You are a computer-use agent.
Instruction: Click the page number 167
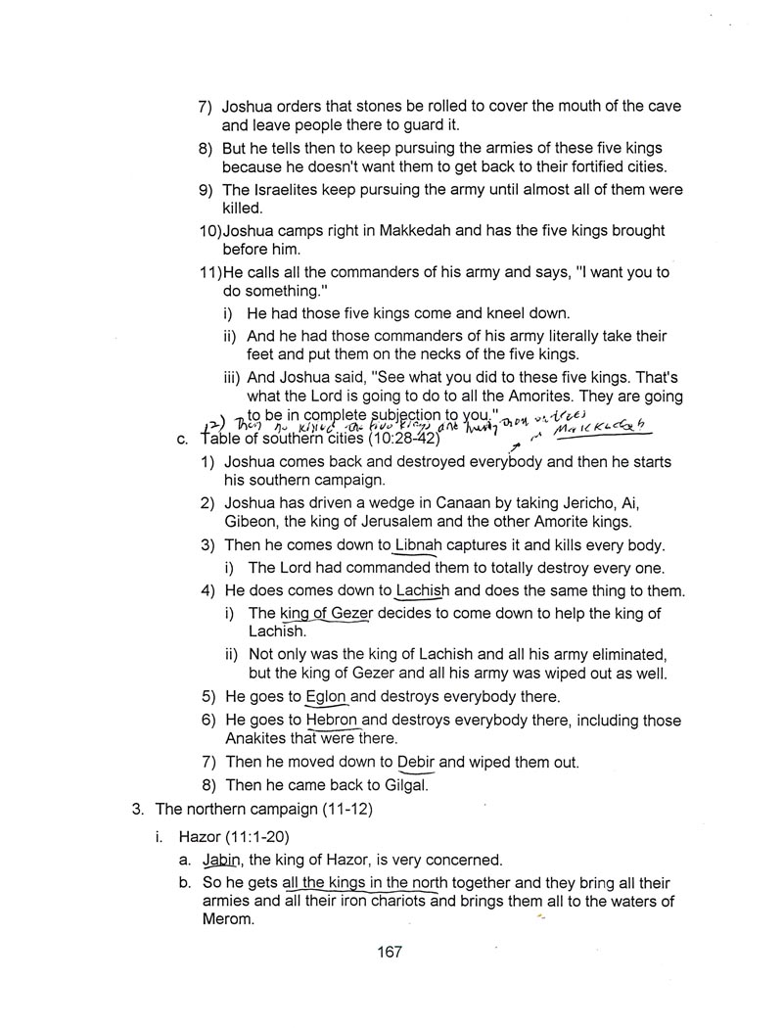390,952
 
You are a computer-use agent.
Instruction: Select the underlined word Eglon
327,697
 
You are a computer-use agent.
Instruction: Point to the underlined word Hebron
333,721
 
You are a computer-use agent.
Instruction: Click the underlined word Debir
416,762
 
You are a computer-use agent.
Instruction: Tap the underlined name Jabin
221,861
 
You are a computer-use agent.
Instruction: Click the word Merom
201,919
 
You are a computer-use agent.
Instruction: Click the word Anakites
257,738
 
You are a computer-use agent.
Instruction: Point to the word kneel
496,313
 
